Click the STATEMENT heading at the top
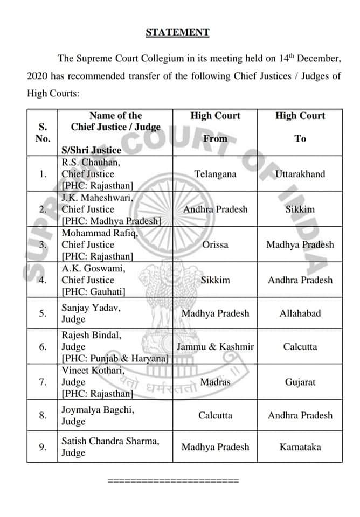pyautogui.click(x=177, y=32)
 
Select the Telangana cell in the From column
pyautogui.click(x=215, y=174)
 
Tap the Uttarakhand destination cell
pyautogui.click(x=300, y=174)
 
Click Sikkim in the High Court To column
pyautogui.click(x=300, y=209)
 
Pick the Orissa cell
pyautogui.click(x=215, y=244)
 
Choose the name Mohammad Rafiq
pyautogui.click(x=100, y=233)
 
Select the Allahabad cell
pyautogui.click(x=300, y=313)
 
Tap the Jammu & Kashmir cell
pyautogui.click(x=215, y=347)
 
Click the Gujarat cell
pyautogui.click(x=300, y=382)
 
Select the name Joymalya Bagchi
pyautogui.click(x=98, y=410)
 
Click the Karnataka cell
pyautogui.click(x=300, y=447)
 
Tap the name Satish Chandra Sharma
pyautogui.click(x=110, y=442)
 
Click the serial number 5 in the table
pyautogui.click(x=42, y=313)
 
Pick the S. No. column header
pyautogui.click(x=42, y=132)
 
